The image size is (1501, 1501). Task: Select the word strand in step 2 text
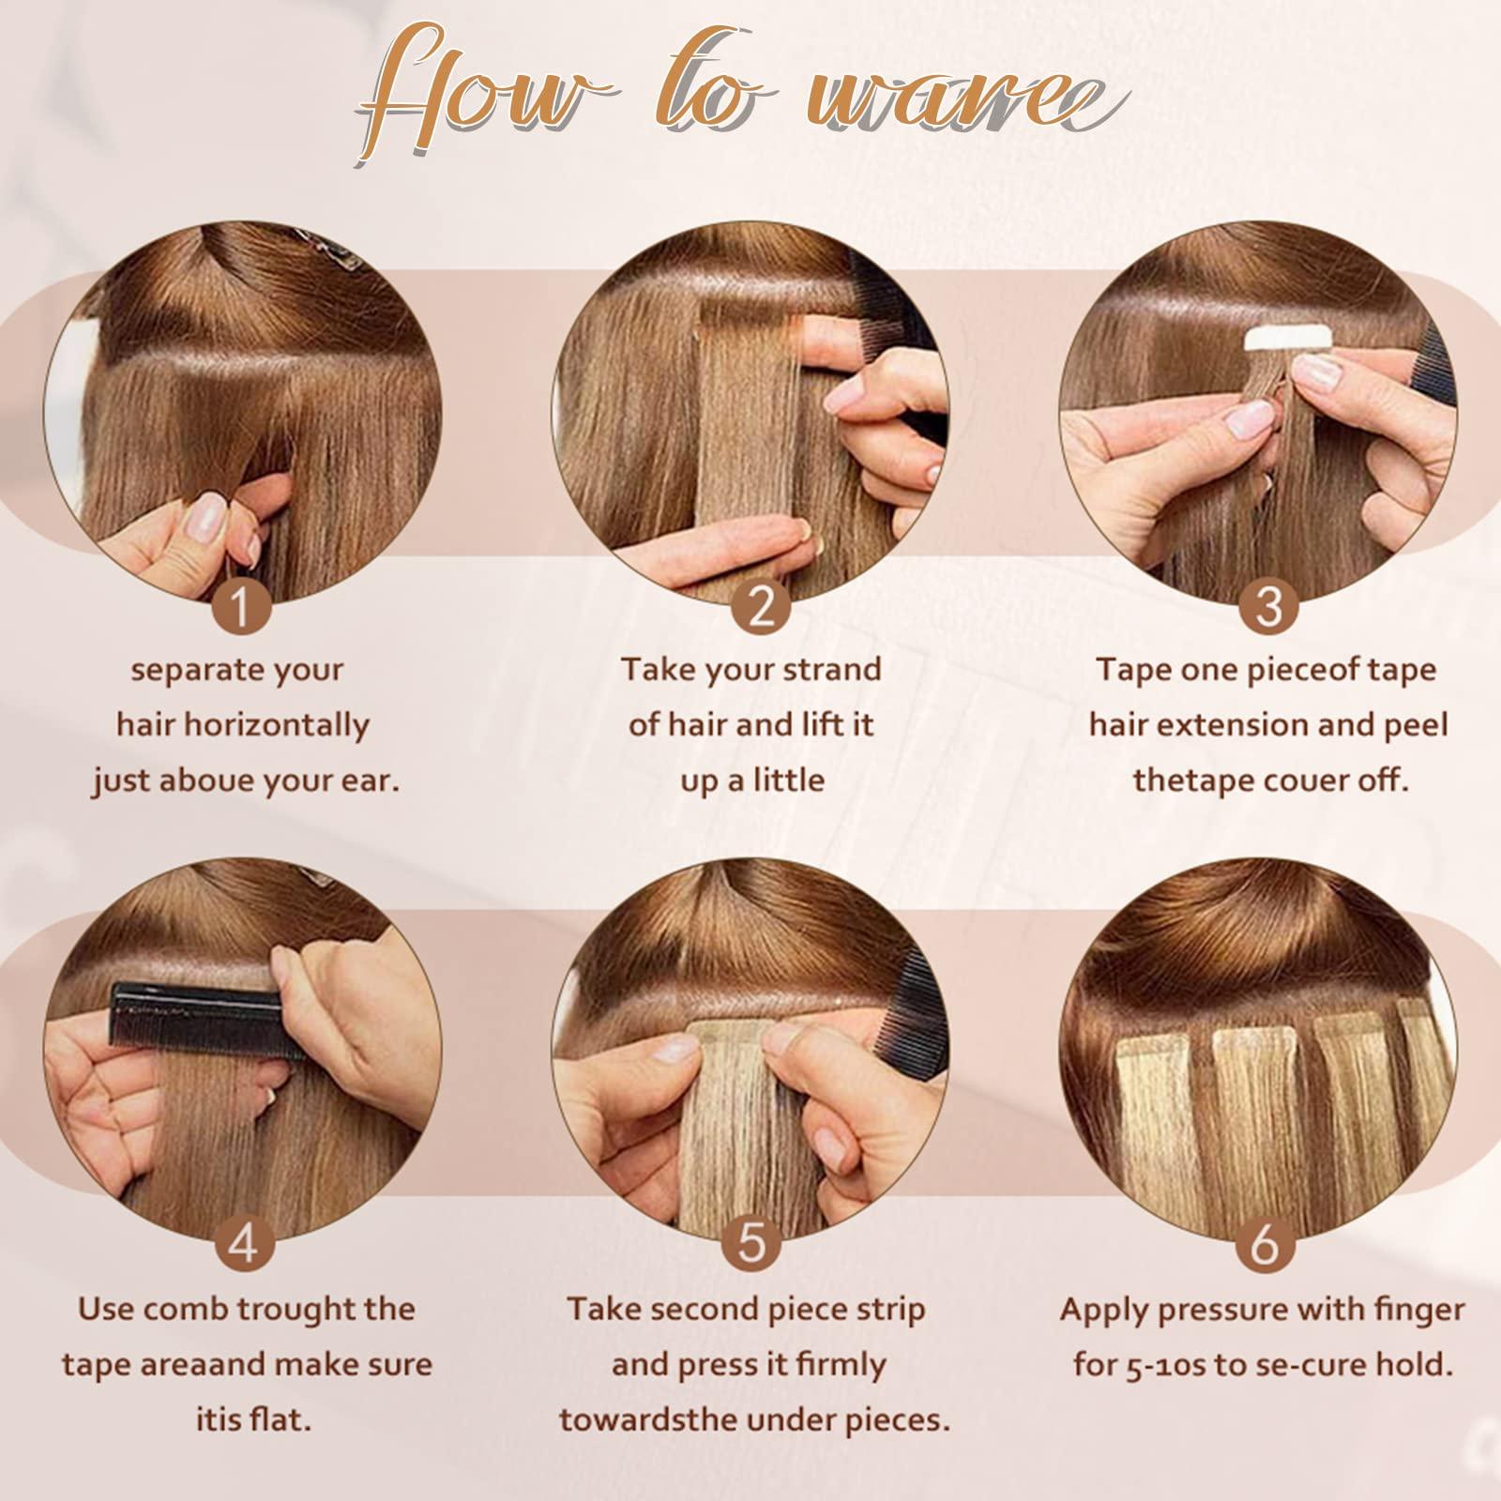pyautogui.click(x=830, y=669)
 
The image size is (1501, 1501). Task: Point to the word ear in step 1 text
pyautogui.click(x=371, y=781)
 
